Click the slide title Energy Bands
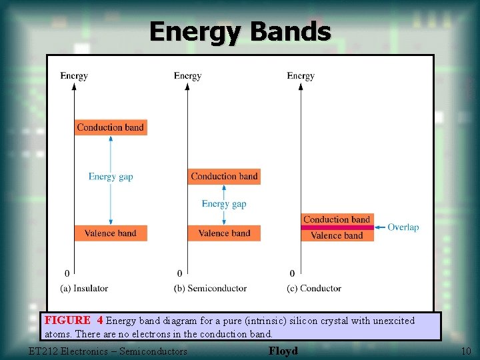240,31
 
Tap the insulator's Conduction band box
110,127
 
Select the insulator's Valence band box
110,233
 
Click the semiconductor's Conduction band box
224,177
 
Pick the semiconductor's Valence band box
224,233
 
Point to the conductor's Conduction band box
337,219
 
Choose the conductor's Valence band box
337,235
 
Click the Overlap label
403,227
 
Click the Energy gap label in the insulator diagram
111,177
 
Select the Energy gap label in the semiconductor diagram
224,204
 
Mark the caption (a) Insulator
84,288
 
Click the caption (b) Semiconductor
210,288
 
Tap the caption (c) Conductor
314,288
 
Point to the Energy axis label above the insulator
74,75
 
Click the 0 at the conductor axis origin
292,273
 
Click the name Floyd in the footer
283,351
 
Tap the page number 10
465,351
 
